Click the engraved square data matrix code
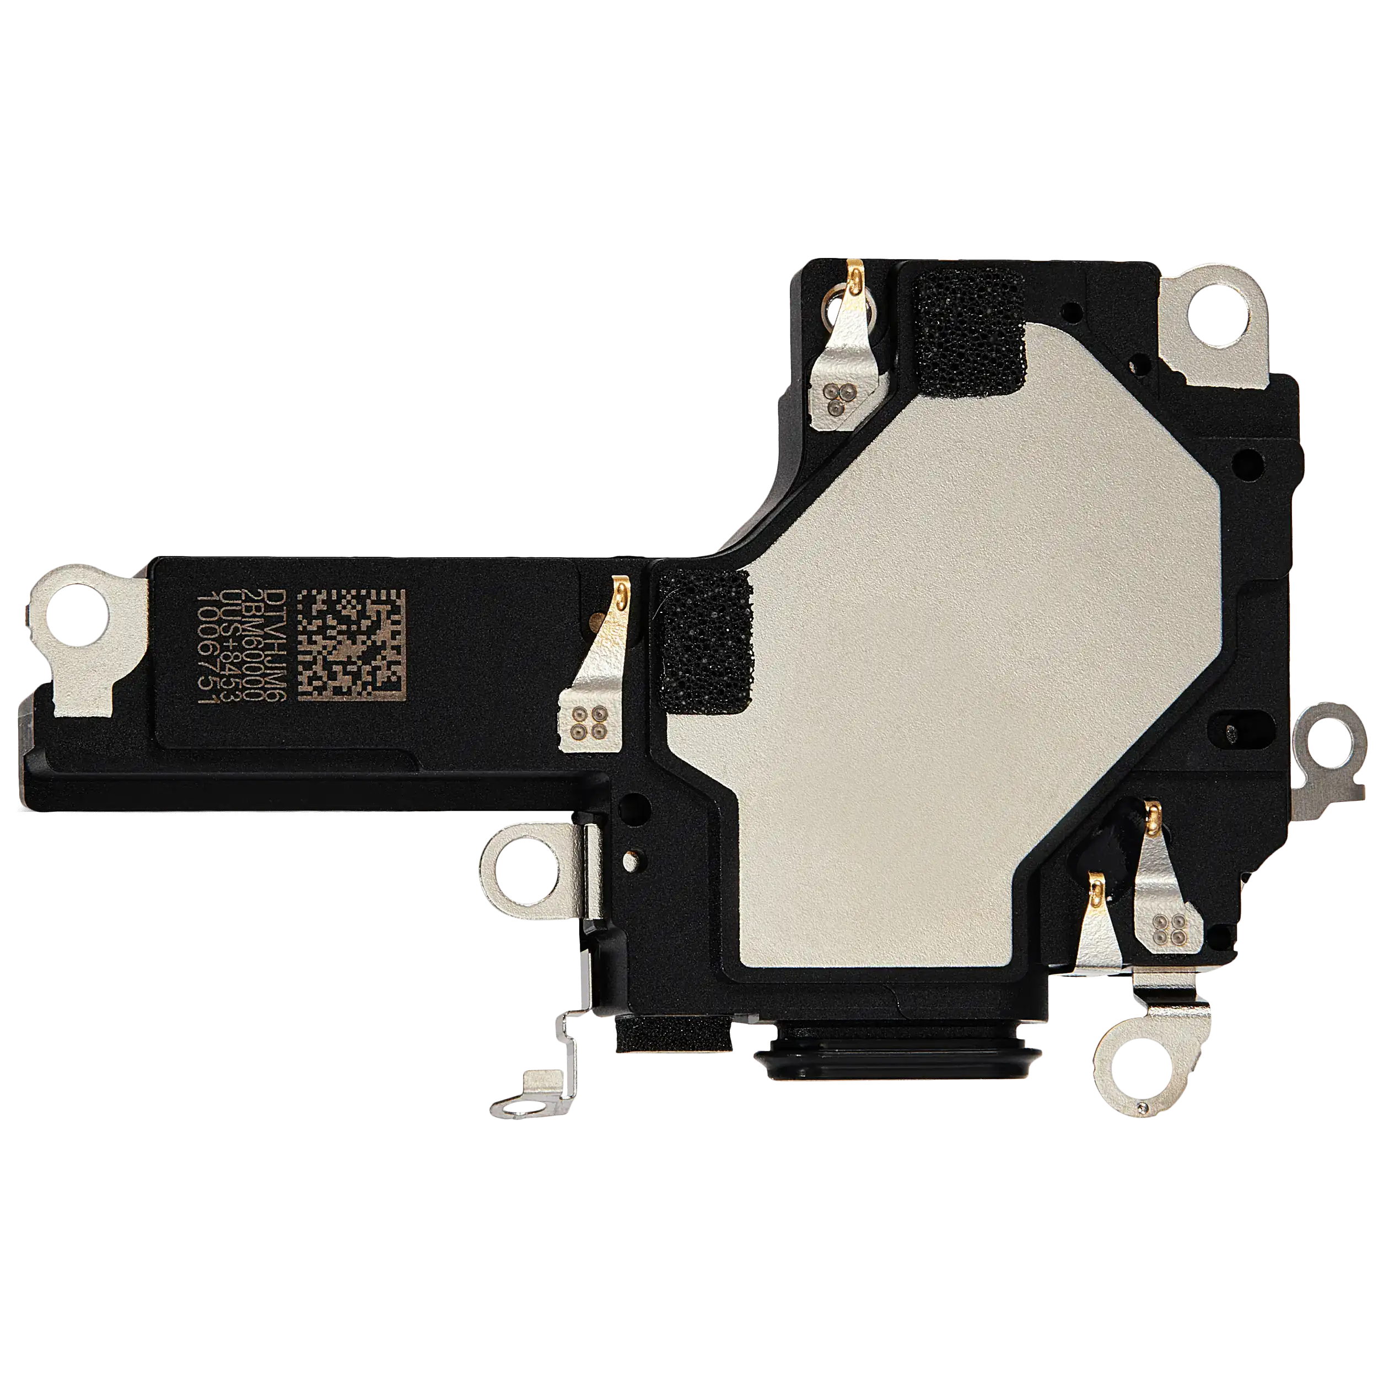351,645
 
